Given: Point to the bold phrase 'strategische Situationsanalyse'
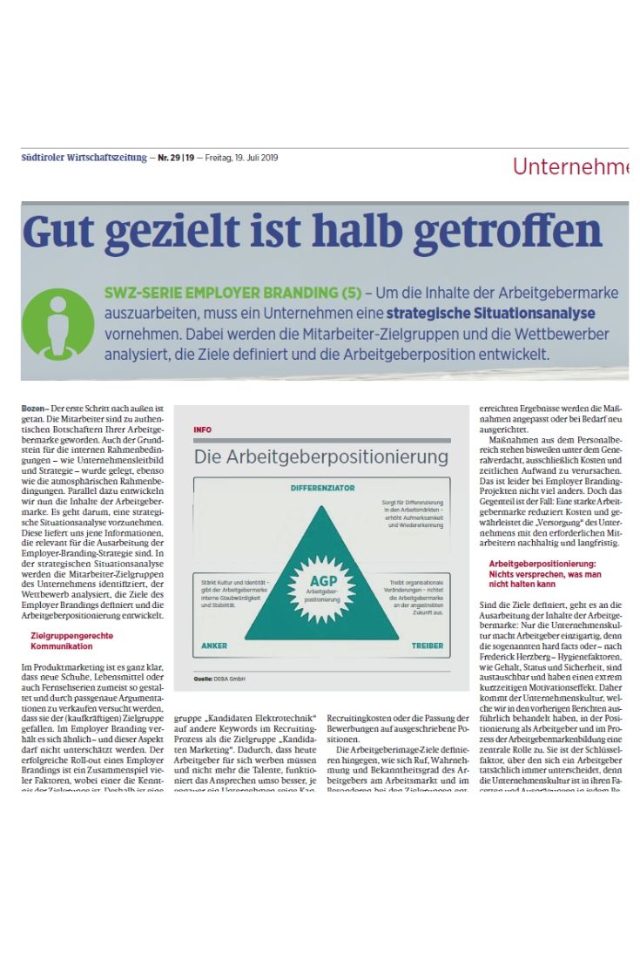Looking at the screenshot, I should pyautogui.click(x=491, y=313).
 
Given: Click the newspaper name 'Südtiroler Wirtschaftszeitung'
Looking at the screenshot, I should pyautogui.click(x=84, y=159).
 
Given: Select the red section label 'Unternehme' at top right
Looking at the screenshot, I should pyautogui.click(x=570, y=166).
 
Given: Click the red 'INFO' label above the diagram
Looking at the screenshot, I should pyautogui.click(x=202, y=429).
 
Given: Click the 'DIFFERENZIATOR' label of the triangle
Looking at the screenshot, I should pyautogui.click(x=322, y=490).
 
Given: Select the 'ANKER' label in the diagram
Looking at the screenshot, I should pyautogui.click(x=214, y=646).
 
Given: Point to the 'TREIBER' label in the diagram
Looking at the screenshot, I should pyautogui.click(x=428, y=646).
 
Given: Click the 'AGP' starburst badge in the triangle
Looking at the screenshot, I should pyautogui.click(x=321, y=581).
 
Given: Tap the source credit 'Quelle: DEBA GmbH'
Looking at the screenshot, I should pyautogui.click(x=218, y=678).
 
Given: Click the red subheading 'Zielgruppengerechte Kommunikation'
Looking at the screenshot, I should pyautogui.click(x=71, y=640).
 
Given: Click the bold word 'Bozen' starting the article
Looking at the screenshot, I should pyautogui.click(x=33, y=408).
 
